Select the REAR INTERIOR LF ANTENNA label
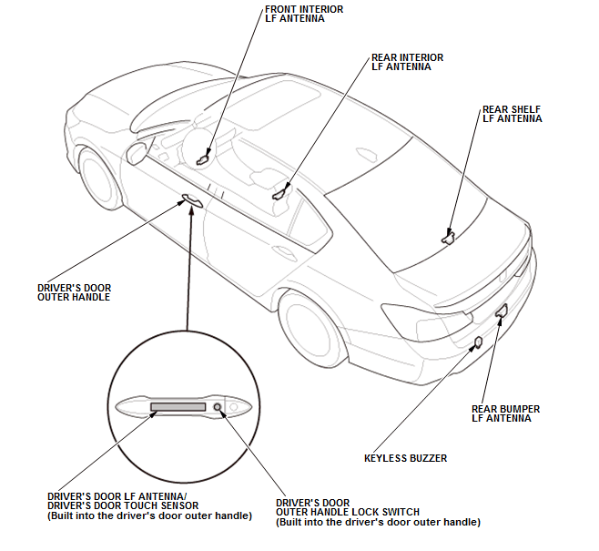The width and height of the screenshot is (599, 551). pos(407,63)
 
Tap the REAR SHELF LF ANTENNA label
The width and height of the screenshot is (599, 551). pos(512,113)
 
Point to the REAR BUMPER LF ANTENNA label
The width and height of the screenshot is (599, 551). pos(505,414)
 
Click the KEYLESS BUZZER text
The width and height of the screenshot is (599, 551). pos(405,459)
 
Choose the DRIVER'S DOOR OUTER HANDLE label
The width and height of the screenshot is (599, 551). pos(74,292)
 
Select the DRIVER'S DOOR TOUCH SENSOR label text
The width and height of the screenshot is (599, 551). pos(123,506)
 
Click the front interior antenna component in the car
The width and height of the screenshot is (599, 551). pos(203,158)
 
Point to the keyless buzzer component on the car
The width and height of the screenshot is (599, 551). pos(479,343)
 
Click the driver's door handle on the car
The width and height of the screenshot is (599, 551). pos(192,200)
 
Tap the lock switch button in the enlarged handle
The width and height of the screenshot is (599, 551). pos(218,407)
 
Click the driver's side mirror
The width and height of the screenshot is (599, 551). pos(137,152)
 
